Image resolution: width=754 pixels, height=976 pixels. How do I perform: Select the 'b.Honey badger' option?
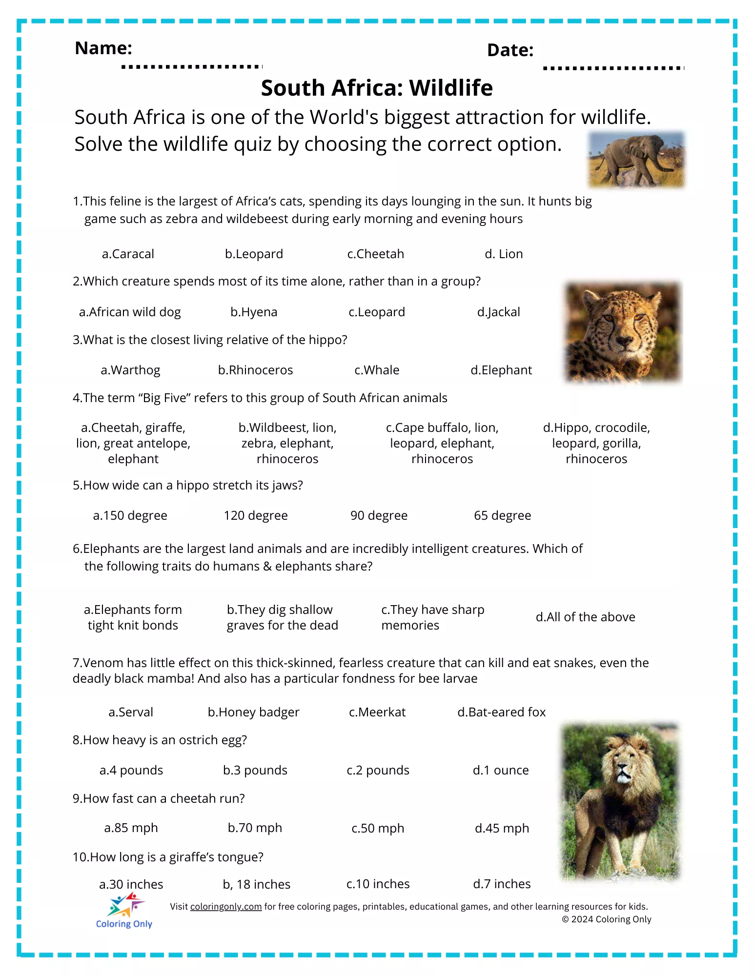(253, 712)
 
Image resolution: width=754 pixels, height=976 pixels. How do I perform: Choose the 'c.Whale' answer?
(376, 370)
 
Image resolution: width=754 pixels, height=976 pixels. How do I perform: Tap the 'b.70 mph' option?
(255, 828)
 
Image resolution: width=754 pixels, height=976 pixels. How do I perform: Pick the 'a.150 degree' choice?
(130, 515)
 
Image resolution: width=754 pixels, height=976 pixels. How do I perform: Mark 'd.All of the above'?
(585, 617)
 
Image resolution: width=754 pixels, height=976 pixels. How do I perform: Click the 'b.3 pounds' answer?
(255, 770)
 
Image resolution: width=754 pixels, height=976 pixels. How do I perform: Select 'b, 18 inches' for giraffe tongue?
(256, 884)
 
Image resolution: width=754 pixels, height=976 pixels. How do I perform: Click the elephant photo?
(636, 160)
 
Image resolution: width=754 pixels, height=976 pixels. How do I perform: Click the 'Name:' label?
(103, 48)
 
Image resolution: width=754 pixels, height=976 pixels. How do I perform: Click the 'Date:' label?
(510, 50)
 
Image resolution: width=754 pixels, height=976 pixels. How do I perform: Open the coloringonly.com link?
(225, 906)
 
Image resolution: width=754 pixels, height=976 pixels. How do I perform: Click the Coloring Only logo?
(124, 910)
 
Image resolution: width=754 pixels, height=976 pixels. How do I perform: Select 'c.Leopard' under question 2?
(376, 312)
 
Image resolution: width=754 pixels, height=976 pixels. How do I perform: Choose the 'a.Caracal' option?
(128, 254)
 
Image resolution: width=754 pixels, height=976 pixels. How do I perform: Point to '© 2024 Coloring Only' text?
(606, 919)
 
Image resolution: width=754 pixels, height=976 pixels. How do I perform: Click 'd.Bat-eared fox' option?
(501, 712)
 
